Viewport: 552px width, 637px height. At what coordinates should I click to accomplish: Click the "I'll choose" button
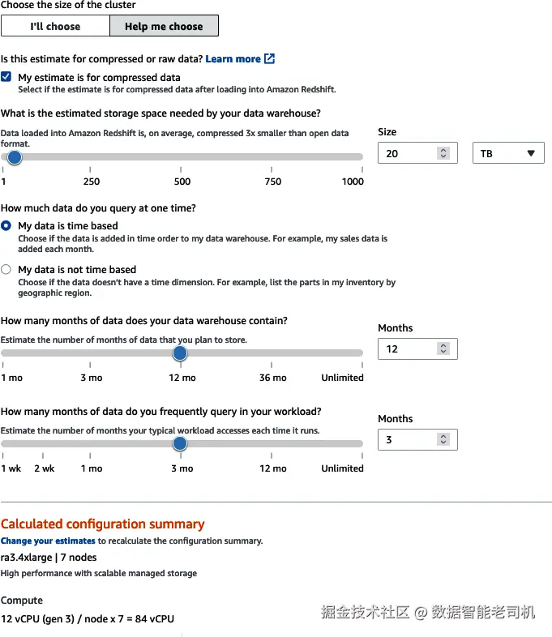(x=55, y=26)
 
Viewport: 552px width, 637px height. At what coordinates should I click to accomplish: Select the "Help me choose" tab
(x=164, y=26)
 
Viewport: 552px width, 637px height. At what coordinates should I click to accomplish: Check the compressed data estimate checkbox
(x=6, y=77)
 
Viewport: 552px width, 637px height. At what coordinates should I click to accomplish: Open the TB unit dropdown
(x=508, y=153)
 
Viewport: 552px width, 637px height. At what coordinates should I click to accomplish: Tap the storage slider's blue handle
(x=14, y=157)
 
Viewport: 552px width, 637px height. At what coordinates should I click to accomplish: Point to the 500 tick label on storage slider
(x=182, y=182)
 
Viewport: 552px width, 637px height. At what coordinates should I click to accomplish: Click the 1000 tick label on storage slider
(x=353, y=182)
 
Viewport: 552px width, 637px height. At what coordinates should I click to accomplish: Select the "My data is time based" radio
(x=6, y=225)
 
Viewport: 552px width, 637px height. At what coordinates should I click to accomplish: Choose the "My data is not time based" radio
(x=6, y=269)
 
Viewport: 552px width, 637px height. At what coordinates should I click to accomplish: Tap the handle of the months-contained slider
(x=180, y=353)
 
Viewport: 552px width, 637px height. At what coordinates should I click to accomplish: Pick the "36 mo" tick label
(x=273, y=378)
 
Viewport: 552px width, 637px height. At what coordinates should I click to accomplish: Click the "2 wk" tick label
(x=45, y=468)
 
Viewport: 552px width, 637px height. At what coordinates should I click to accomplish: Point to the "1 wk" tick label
(x=11, y=468)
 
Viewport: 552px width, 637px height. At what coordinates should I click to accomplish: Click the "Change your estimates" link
(x=48, y=541)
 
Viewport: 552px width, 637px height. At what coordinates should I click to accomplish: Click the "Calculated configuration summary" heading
(x=103, y=524)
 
